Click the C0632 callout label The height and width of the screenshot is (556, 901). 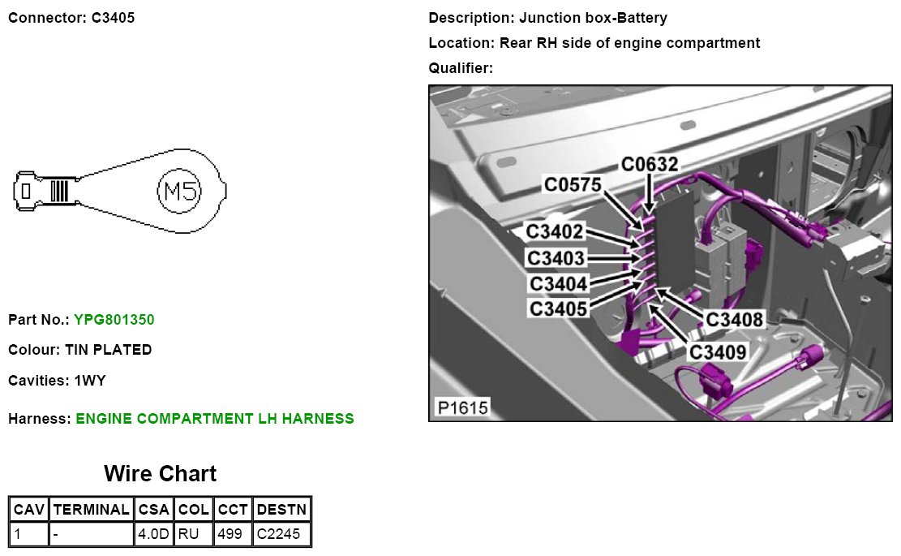(x=650, y=165)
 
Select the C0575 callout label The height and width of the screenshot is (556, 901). (x=573, y=185)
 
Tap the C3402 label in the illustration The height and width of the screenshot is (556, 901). (x=555, y=232)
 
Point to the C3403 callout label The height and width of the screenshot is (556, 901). (x=556, y=258)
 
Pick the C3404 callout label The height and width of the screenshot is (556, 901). (x=558, y=284)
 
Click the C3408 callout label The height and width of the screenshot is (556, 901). (x=735, y=319)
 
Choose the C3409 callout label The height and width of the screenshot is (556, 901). (x=718, y=351)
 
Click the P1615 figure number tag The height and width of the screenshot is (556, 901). (x=462, y=407)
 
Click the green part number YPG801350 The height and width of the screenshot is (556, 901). (x=114, y=320)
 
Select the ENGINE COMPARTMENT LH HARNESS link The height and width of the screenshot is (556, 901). (x=215, y=419)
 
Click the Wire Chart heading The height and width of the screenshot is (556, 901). (x=160, y=473)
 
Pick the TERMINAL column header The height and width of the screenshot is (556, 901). (x=91, y=510)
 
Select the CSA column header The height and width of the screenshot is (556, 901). (x=154, y=510)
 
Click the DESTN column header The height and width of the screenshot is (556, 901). (x=281, y=510)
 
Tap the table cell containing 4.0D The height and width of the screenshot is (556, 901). (x=154, y=533)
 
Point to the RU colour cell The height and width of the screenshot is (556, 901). (x=193, y=533)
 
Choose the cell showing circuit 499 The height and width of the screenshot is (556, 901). (x=233, y=533)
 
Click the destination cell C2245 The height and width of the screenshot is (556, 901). (x=281, y=533)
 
